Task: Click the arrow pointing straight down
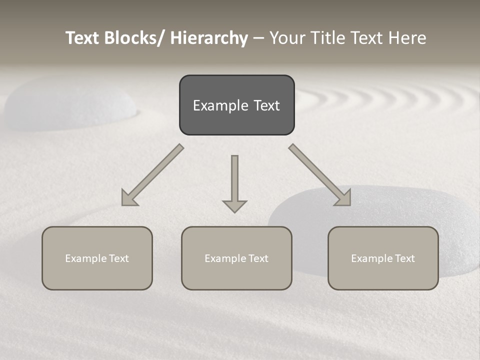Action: [234, 182]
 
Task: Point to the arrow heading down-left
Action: [152, 175]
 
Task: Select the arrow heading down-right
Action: [320, 175]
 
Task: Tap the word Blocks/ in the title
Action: [132, 38]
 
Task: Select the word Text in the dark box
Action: [266, 105]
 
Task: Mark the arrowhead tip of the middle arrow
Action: [234, 211]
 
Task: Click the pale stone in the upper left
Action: [70, 102]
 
